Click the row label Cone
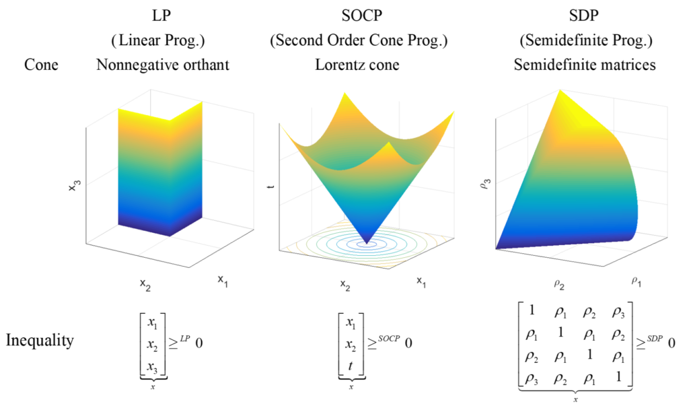(x=41, y=65)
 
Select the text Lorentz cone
(x=359, y=65)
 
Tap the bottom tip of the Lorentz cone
(x=367, y=243)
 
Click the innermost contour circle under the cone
(x=367, y=246)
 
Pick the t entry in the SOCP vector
(x=351, y=366)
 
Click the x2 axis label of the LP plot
(x=145, y=285)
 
